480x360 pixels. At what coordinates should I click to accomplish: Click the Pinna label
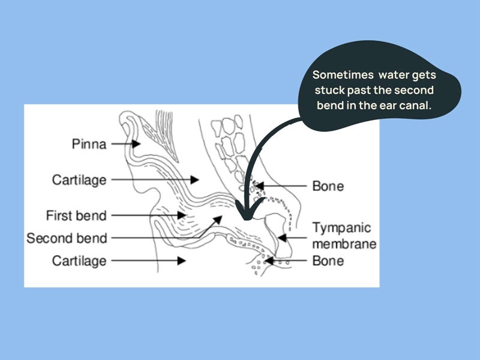coord(89,144)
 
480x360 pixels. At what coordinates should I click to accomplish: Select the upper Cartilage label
coord(79,179)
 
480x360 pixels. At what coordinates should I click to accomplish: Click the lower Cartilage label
coord(79,261)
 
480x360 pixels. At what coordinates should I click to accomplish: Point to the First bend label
coord(76,215)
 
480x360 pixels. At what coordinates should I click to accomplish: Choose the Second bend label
coord(67,238)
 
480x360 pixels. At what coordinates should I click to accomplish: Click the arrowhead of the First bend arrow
coord(182,215)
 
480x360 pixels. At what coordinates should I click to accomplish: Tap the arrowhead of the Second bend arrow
coord(218,220)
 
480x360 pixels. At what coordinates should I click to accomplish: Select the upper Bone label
coord(328,186)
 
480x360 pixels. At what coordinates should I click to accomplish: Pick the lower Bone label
coord(328,261)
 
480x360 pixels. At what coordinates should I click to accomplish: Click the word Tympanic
coord(341,228)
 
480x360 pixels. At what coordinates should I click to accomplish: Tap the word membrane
coord(344,244)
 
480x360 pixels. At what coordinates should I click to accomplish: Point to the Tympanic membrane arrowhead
coord(282,238)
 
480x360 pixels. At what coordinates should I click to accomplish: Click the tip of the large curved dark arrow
coord(247,220)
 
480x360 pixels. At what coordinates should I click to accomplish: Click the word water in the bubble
coord(394,75)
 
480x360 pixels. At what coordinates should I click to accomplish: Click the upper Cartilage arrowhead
coord(194,179)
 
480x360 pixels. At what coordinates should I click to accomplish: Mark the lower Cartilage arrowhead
coord(182,261)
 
